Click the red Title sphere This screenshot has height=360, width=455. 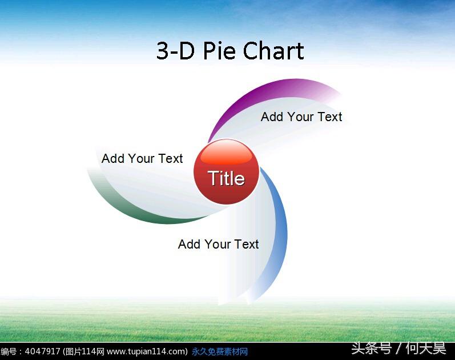click(x=226, y=172)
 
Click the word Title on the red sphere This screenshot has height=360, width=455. click(x=226, y=178)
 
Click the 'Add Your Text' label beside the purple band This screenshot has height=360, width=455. click(x=301, y=117)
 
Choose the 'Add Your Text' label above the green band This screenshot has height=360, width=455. click(x=142, y=159)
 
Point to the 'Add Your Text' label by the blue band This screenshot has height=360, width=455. click(x=218, y=245)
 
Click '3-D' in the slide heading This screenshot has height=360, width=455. click(x=175, y=50)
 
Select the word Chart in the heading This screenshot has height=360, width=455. click(x=273, y=50)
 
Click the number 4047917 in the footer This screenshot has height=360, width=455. click(x=42, y=351)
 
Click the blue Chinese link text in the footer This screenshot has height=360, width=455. click(x=220, y=351)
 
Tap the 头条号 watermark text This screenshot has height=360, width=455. click(x=371, y=348)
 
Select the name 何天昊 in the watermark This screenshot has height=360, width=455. click(x=426, y=348)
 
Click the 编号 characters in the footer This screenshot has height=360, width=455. click(x=9, y=351)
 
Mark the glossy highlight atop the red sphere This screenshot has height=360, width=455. click(x=226, y=152)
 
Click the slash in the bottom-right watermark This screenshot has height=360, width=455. click(x=398, y=349)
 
